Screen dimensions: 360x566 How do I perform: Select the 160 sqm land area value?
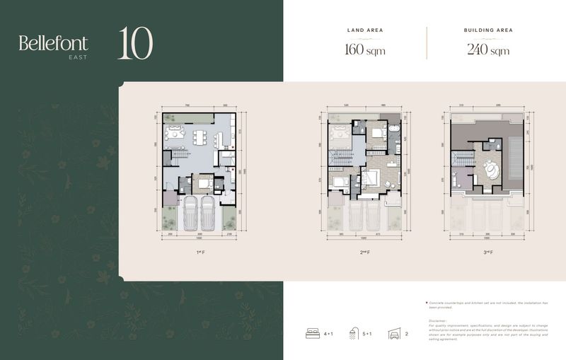365,50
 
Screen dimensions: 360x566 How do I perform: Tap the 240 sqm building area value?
487,50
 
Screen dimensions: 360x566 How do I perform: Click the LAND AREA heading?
365,31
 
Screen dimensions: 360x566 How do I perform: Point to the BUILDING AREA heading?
487,31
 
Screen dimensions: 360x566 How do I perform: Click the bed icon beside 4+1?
311,333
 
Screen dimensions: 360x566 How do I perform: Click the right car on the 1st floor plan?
208,213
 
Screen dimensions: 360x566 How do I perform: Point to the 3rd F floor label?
487,252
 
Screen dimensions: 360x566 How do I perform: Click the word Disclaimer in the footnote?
439,320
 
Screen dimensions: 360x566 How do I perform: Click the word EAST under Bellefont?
78,57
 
